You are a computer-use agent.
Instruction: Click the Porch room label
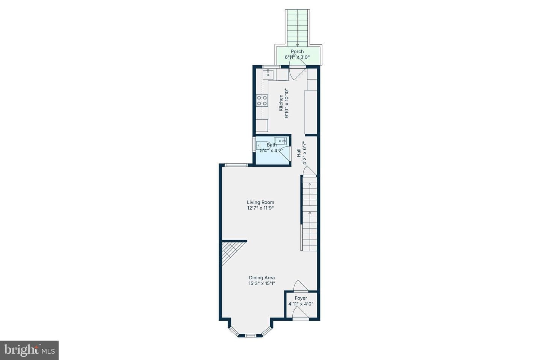(x=297, y=51)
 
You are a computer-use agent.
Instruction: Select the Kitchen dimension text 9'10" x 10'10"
(x=287, y=103)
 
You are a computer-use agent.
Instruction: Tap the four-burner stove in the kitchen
(x=262, y=101)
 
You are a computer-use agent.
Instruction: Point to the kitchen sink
(x=268, y=74)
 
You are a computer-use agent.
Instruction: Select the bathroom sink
(x=280, y=141)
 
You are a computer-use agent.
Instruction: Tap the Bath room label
(x=272, y=145)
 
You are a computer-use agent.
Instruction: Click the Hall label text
(x=299, y=153)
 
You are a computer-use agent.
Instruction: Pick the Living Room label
(x=260, y=202)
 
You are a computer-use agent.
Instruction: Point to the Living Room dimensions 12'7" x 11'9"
(x=260, y=208)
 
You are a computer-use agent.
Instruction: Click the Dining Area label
(x=262, y=277)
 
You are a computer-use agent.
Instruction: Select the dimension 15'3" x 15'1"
(x=262, y=283)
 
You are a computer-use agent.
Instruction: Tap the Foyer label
(x=301, y=298)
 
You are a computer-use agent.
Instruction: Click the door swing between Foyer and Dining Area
(x=301, y=286)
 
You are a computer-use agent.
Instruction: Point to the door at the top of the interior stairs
(x=310, y=171)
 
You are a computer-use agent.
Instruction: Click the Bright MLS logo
(x=29, y=350)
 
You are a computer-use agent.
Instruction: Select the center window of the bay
(x=250, y=335)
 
